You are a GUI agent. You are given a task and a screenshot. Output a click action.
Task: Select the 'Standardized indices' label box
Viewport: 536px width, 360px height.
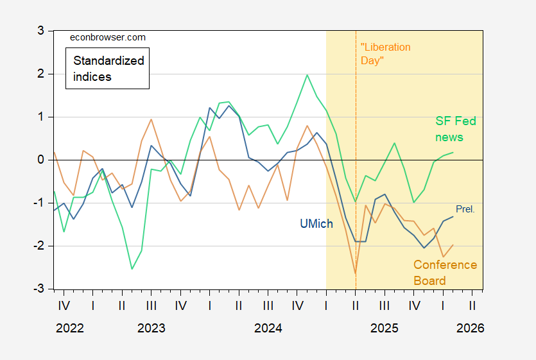108,69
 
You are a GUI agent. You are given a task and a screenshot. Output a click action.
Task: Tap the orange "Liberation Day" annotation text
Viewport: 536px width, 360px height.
385,54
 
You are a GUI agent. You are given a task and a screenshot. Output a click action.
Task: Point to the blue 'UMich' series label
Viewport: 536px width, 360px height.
316,224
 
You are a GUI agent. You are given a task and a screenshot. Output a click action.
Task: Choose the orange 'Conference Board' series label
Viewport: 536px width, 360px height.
445,273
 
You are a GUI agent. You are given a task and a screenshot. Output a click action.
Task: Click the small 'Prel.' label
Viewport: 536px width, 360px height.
465,209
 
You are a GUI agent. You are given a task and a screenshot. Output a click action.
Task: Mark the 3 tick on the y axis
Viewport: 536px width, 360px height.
40,31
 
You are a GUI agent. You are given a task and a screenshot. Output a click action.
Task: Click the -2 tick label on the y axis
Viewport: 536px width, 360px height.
37,246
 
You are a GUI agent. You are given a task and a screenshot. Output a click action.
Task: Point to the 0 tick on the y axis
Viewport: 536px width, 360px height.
40,160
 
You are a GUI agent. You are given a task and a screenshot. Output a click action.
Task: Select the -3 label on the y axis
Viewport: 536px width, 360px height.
37,289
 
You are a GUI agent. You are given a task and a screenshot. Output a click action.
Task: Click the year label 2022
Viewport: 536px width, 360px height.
69,328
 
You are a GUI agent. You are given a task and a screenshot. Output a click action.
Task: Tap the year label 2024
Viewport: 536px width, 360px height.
268,328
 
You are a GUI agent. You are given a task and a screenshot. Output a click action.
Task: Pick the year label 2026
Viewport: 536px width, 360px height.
471,328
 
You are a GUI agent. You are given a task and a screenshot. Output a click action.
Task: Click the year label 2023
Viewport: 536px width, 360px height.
151,328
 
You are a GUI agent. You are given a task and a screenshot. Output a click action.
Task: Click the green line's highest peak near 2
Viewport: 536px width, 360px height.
307,75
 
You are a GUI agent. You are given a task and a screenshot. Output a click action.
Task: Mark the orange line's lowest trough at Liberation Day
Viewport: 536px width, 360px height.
356,274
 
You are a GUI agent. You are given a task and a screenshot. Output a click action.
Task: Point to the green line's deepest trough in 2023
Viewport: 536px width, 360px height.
132,269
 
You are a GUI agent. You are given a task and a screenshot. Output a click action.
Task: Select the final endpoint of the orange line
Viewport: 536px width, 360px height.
453,244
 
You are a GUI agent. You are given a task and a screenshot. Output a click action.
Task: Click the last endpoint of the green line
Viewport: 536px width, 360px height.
453,152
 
